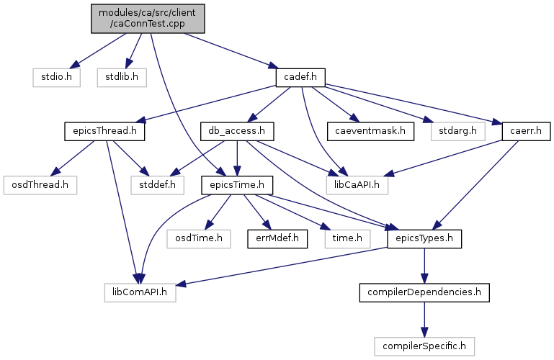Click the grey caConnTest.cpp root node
pyautogui.click(x=148, y=19)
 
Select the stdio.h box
pyautogui.click(x=56, y=77)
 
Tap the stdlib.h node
pyautogui.click(x=122, y=77)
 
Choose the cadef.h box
pyautogui.click(x=300, y=77)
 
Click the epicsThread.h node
pyautogui.click(x=104, y=131)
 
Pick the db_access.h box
pyautogui.click(x=237, y=131)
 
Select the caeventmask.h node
pyautogui.click(x=370, y=131)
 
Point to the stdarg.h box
pyautogui.click(x=458, y=131)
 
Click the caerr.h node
pyautogui.click(x=526, y=131)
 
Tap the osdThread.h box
pyautogui.click(x=40, y=185)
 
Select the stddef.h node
pyautogui.click(x=158, y=185)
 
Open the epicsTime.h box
pyautogui.click(x=237, y=185)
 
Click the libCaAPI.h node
pyautogui.click(x=357, y=185)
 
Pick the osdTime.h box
pyautogui.click(x=199, y=239)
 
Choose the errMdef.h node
pyautogui.click(x=277, y=239)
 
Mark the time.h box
pyautogui.click(x=348, y=239)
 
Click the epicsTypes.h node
pyautogui.click(x=424, y=239)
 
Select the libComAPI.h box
pyautogui.click(x=140, y=292)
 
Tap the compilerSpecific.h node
pyautogui.click(x=424, y=346)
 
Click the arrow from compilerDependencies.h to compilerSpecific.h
pyautogui.click(x=424, y=320)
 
